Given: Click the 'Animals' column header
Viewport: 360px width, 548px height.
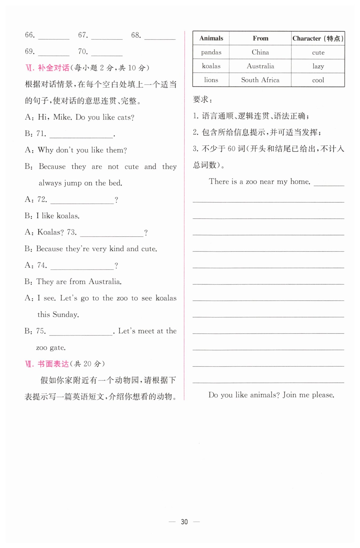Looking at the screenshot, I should (211, 38).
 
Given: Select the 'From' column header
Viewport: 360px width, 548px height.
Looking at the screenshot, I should (260, 38).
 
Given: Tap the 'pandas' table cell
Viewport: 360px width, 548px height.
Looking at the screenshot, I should (211, 52).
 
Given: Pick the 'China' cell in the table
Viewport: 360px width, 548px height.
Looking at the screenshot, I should (260, 52).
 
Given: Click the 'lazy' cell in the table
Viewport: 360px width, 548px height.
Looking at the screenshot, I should (318, 66).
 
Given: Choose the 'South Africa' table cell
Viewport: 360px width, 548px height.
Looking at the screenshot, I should (260, 80).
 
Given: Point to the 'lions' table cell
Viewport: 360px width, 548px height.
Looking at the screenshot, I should (211, 80).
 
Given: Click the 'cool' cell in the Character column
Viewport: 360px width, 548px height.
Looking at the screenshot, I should (318, 80).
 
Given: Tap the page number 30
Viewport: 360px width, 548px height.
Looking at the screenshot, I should (184, 522).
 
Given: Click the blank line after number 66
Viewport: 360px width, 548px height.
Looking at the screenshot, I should (54, 37).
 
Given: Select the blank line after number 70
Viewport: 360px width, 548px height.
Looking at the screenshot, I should (107, 54).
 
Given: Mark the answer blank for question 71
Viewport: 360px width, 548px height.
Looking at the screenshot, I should (81, 135).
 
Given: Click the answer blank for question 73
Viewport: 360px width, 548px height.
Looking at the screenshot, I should (112, 234).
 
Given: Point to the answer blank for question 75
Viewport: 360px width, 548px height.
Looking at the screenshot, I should (81, 333).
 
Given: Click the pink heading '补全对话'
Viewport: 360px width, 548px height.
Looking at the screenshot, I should (54, 68).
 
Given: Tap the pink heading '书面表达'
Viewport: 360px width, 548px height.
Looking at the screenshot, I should (53, 364).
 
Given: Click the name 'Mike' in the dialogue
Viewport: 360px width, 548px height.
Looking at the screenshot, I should (62, 117).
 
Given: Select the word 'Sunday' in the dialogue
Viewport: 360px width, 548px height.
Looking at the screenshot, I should (65, 315).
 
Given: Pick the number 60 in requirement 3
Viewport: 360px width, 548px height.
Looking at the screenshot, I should (231, 149).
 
